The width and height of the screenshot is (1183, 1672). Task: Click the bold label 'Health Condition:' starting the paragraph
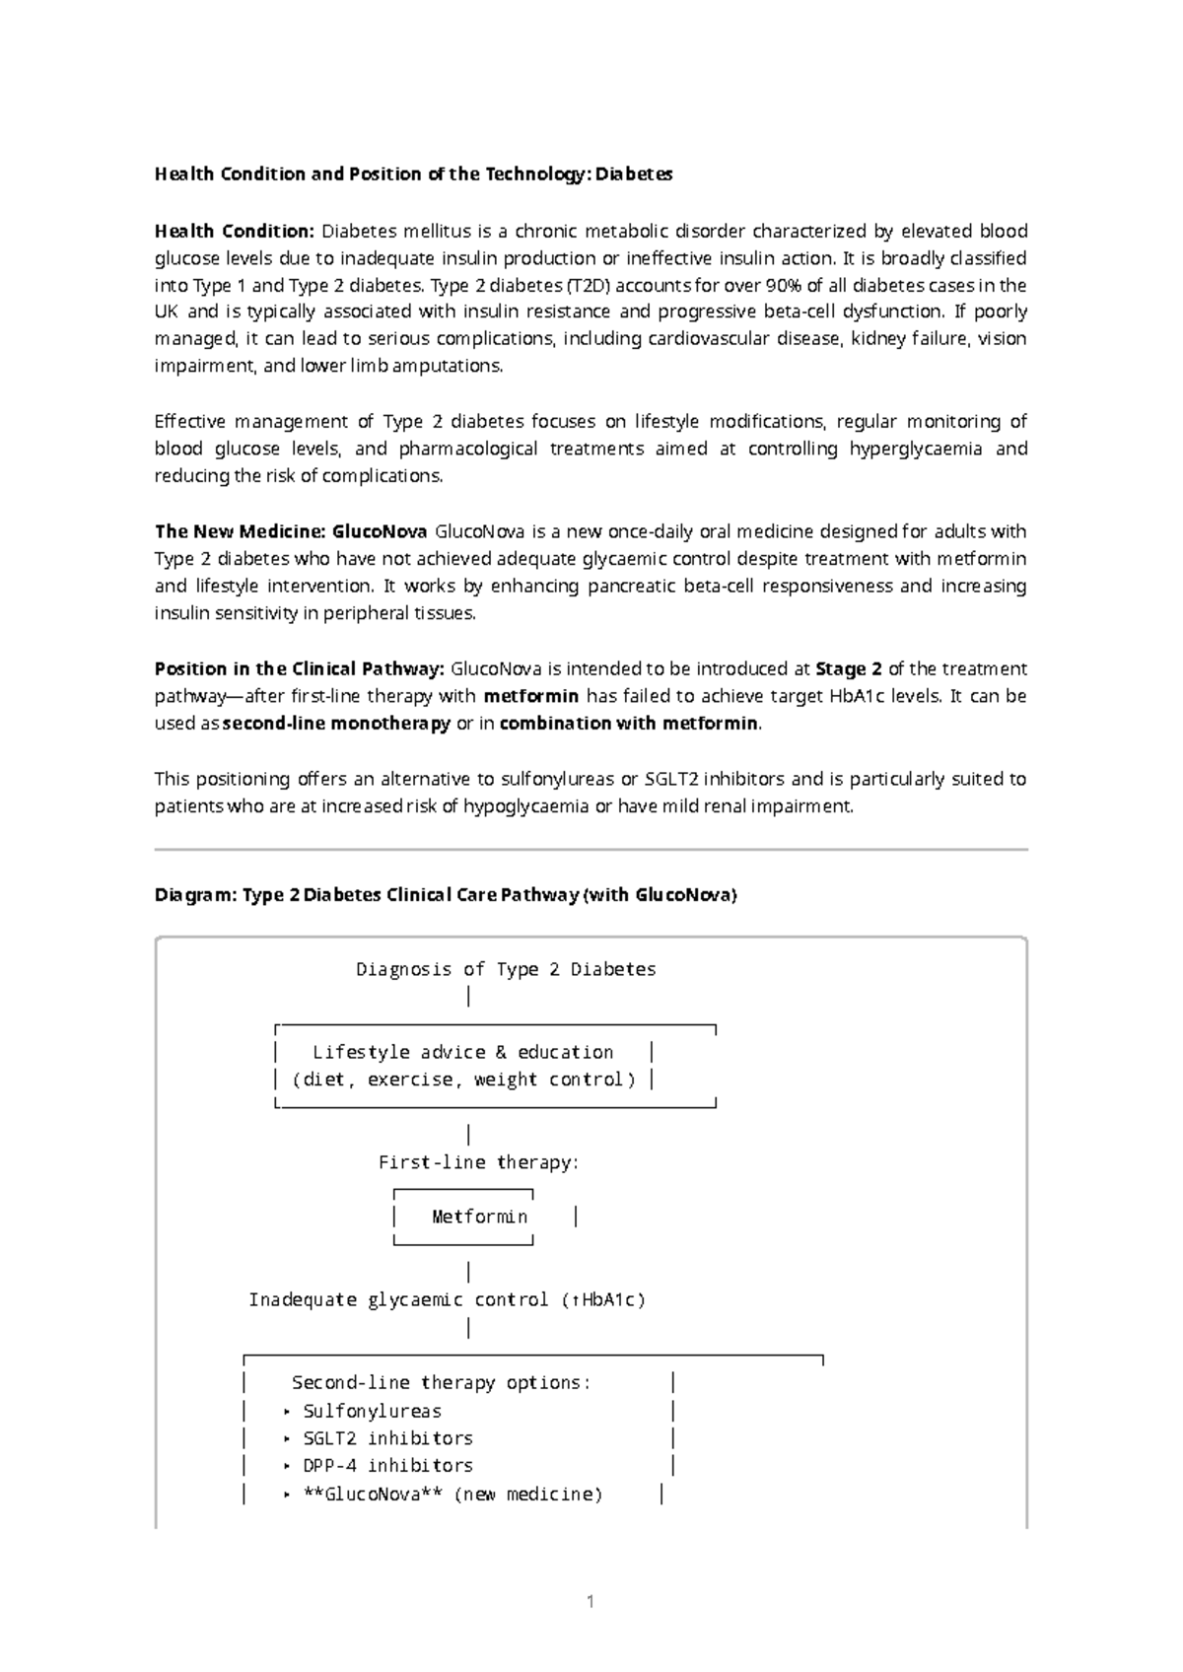coord(234,232)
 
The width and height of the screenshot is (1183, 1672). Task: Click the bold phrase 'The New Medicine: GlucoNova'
coord(291,532)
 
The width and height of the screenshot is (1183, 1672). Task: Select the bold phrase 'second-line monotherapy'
coord(336,724)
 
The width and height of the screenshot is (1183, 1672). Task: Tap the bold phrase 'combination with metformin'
coord(630,724)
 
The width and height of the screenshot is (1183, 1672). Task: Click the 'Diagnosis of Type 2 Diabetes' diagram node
coord(506,969)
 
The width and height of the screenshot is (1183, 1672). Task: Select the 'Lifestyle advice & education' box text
coord(462,1052)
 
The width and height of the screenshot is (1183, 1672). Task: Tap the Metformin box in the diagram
coord(479,1217)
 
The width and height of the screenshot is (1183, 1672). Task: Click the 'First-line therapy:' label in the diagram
coord(478,1162)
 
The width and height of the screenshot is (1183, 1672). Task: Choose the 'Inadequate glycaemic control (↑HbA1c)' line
coord(447,1299)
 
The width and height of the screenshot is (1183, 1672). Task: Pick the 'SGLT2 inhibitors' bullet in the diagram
coord(387,1438)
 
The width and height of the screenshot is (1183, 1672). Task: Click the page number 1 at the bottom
coord(591,1602)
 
